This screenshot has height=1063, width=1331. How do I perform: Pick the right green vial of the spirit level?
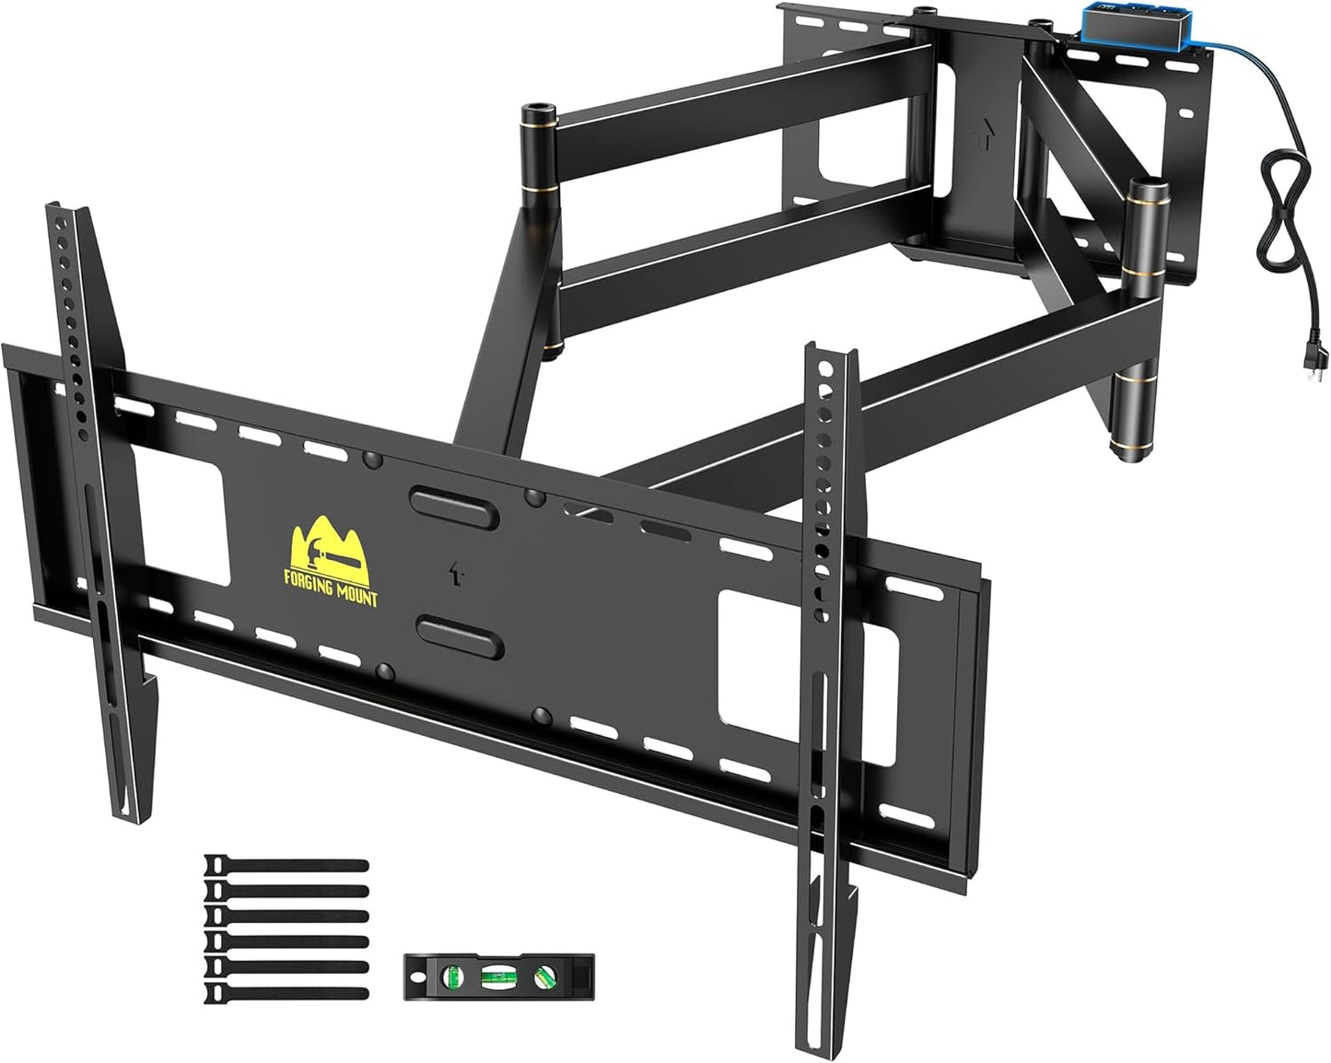545,973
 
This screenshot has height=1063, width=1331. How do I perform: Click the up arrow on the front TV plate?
454,573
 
